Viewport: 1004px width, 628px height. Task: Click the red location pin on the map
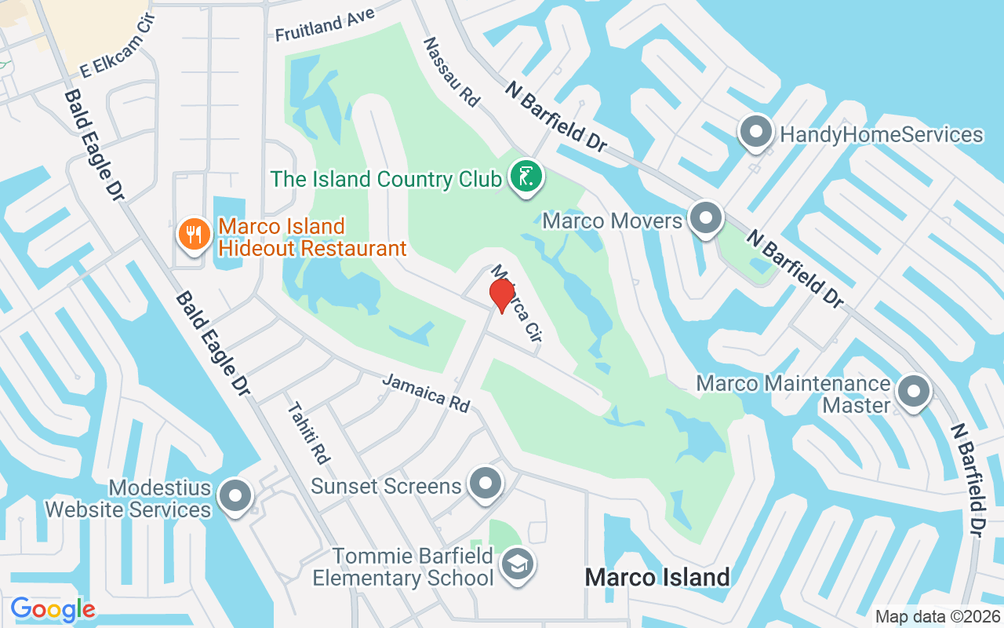pos(501,295)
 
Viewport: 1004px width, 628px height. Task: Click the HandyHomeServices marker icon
pos(756,133)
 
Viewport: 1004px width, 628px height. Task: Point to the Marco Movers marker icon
pos(705,218)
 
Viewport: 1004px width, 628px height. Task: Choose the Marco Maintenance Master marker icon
pos(913,391)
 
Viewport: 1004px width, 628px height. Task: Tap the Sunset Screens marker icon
pos(485,484)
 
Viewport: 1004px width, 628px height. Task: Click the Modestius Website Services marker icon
pos(235,496)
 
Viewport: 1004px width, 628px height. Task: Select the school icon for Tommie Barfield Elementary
pos(518,564)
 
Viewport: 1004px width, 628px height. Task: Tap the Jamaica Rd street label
pos(426,393)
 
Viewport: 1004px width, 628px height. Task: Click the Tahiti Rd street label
pos(308,433)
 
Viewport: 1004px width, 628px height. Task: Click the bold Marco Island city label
pos(657,578)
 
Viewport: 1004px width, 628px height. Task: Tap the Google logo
pos(53,609)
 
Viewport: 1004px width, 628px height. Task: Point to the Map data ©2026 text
pos(937,617)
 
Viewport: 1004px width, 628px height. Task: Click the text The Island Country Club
pos(386,179)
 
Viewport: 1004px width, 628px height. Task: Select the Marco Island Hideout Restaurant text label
pos(312,238)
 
